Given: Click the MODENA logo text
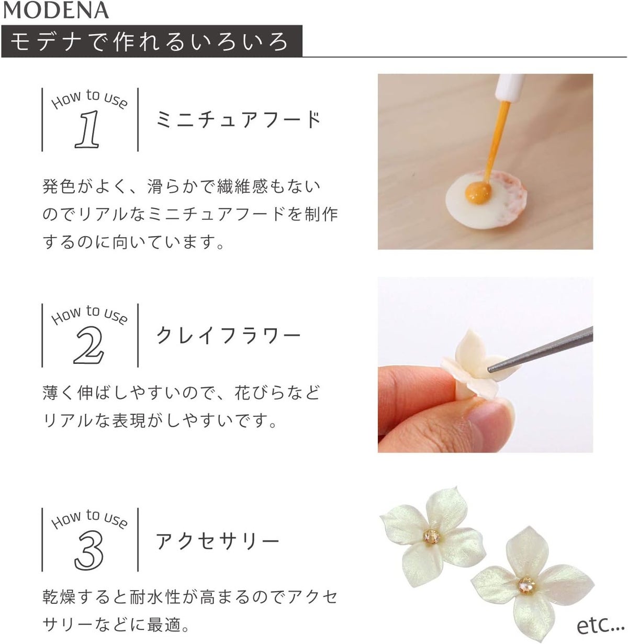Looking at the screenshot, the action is coord(55,10).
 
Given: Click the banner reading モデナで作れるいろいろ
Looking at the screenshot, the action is coord(152,41).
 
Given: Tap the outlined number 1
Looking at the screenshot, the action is coord(87,129).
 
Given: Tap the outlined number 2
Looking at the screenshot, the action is coord(88,345).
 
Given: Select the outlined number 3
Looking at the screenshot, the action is coord(88,550).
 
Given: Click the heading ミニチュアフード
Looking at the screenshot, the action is coord(238,119).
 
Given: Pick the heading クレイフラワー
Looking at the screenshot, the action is coord(228,335).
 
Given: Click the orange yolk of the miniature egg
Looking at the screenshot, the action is coord(478,192).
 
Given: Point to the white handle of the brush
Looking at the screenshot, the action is coord(510,87).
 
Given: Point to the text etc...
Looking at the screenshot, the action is coord(600,625).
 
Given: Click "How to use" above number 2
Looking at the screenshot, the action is coord(89,315).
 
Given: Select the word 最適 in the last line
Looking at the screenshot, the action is coord(163,625).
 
